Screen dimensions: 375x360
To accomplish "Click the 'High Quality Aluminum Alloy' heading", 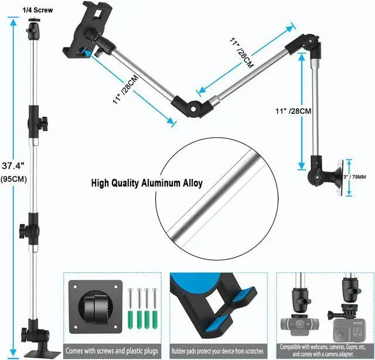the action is [x=146, y=183].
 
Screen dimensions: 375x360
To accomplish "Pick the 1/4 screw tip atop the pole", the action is [x=31, y=22].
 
